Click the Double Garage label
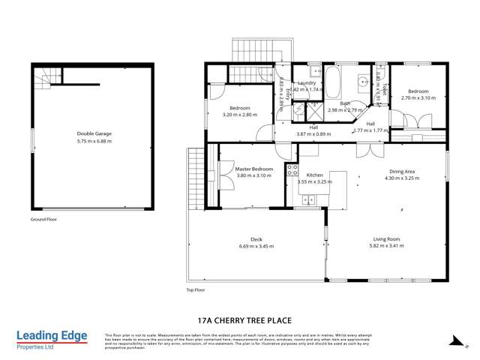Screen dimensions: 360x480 (91, 133)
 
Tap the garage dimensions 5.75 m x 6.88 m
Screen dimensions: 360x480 (91, 140)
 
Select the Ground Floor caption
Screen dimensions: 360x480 (43, 220)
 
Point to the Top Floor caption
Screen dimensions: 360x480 (195, 289)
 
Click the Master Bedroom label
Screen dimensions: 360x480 (253, 169)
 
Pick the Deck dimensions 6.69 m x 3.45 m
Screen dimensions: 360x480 (256, 246)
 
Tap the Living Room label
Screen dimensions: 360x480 (386, 238)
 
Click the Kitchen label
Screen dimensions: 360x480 (314, 175)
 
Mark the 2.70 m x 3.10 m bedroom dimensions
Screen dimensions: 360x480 (418, 98)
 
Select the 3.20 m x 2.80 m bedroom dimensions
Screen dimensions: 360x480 (240, 115)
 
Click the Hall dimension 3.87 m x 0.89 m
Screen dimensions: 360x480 (313, 133)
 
